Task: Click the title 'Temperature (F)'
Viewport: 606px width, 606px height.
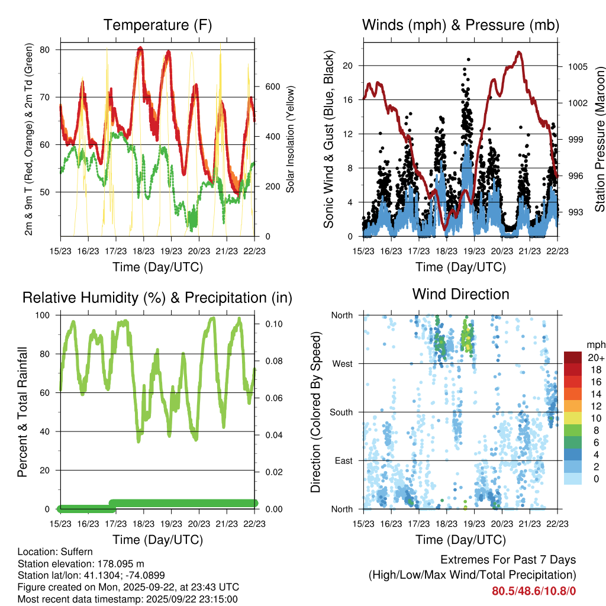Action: coord(157,25)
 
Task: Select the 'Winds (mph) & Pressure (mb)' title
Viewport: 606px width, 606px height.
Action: coord(460,25)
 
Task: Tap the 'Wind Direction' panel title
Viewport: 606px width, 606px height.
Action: coord(460,294)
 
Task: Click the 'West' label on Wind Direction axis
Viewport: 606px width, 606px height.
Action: coord(341,364)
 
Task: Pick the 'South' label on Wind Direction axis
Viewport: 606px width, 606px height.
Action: coord(340,412)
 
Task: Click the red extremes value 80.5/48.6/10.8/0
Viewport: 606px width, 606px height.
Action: coord(534,591)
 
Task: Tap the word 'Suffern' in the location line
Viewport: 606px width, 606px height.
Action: coord(76,552)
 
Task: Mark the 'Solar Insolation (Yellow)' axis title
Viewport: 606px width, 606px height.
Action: coord(291,140)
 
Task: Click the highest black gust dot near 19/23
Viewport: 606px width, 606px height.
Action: coord(468,60)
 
